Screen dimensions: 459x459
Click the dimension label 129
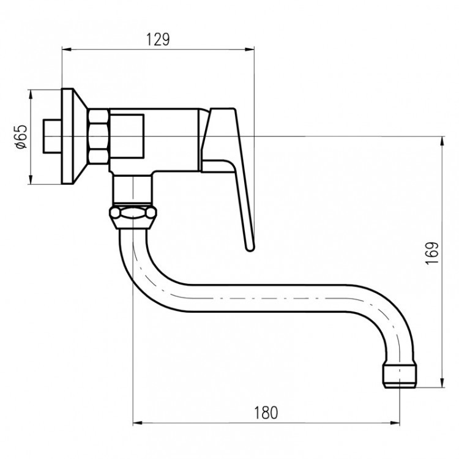tap(158, 40)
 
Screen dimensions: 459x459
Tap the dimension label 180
tap(266, 412)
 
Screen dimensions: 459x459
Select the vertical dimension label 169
tap(432, 253)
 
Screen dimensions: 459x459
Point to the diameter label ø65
tap(21, 136)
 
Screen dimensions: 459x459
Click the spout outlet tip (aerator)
tap(400, 376)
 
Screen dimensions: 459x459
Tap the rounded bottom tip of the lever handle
tap(250, 248)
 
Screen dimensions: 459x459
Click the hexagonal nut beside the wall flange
tap(99, 136)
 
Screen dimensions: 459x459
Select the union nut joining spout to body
tap(133, 217)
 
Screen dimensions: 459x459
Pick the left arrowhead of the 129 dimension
tap(67, 50)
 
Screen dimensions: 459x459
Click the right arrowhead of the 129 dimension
tap(250, 50)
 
